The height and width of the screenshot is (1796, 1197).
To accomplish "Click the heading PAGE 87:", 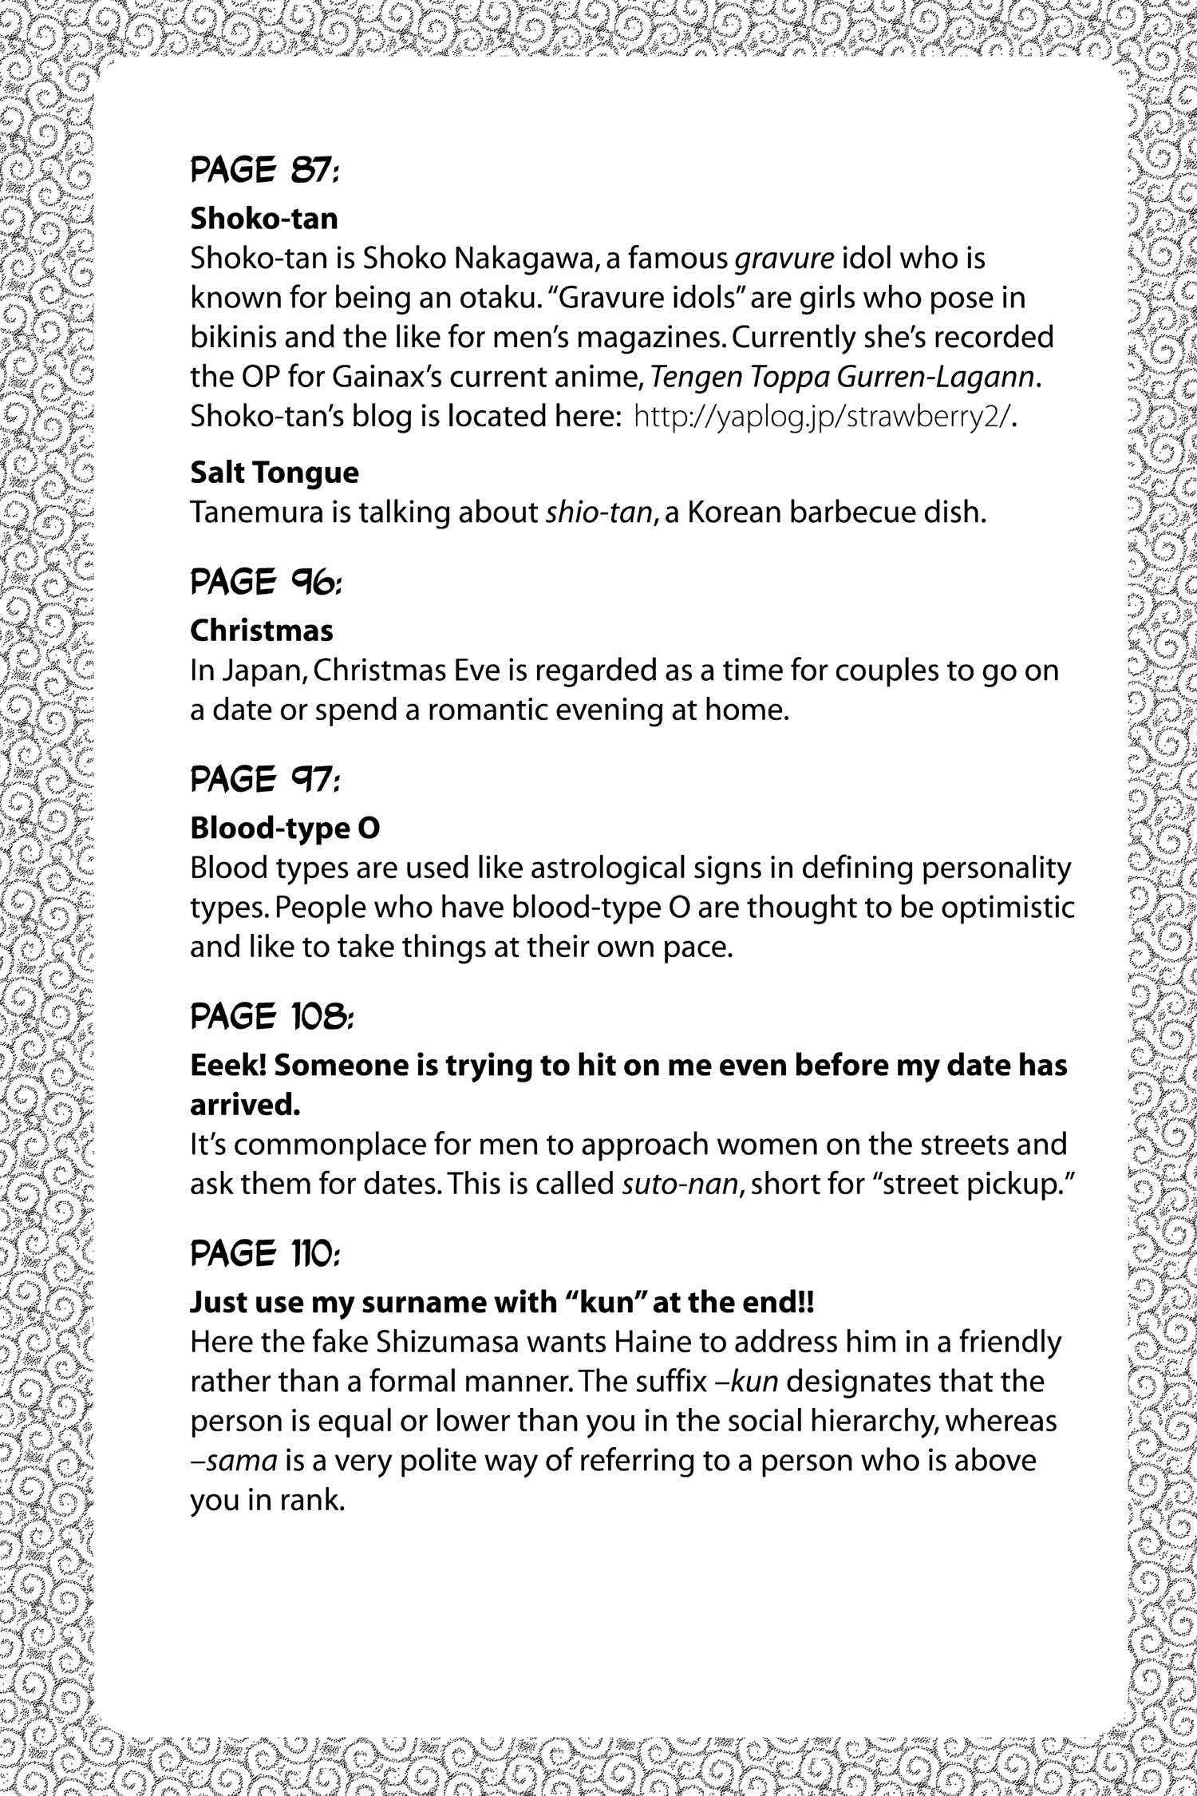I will [265, 170].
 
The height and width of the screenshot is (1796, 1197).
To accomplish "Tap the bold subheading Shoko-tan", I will [263, 218].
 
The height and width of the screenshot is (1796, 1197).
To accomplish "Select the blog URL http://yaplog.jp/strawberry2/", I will [822, 418].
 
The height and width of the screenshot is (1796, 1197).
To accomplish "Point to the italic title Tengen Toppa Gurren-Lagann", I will [846, 378].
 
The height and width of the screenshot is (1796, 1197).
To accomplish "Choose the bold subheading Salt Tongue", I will [275, 473].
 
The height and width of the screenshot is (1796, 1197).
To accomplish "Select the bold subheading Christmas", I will [262, 631].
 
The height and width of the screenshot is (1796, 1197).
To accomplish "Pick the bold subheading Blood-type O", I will [284, 829].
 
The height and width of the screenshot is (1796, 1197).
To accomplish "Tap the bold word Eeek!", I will [226, 1066].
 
